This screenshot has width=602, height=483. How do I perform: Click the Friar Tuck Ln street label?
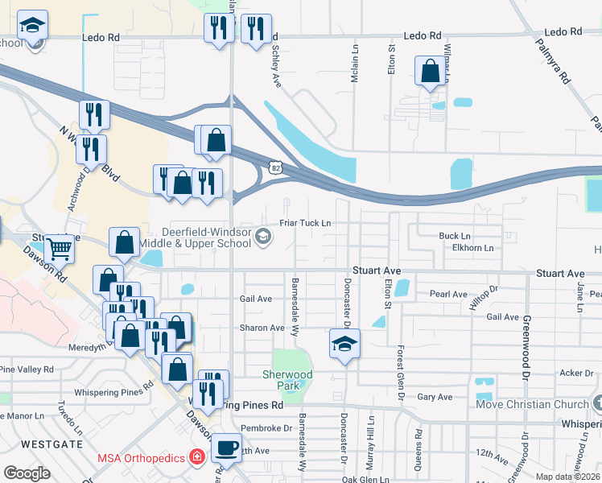click(305, 222)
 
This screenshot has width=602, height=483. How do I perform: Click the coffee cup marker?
click(227, 448)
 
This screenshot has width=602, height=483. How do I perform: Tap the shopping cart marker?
click(59, 249)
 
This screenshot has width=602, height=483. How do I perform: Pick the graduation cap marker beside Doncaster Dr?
click(344, 344)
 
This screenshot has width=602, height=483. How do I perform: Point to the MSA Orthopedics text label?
click(141, 457)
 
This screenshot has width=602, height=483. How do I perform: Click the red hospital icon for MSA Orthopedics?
click(196, 457)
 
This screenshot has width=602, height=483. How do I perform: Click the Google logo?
click(27, 473)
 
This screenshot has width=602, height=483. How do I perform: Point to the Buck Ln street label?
click(454, 236)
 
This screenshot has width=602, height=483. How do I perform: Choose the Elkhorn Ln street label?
click(472, 248)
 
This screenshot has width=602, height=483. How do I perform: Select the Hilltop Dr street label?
click(484, 299)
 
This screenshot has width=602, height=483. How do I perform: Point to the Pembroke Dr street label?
click(269, 427)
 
